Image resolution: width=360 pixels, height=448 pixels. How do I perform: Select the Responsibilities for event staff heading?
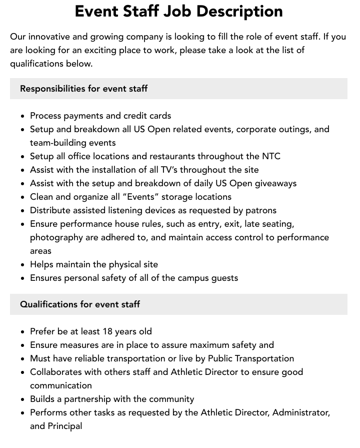pyautogui.click(x=83, y=89)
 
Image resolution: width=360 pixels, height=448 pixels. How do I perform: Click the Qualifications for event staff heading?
pyautogui.click(x=80, y=304)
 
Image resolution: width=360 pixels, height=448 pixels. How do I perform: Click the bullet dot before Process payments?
pyautogui.click(x=23, y=116)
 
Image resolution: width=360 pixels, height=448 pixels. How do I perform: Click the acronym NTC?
pyautogui.click(x=270, y=156)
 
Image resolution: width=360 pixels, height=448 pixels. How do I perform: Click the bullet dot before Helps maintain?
pyautogui.click(x=23, y=265)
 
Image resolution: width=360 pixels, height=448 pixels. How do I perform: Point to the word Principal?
pyautogui.click(x=65, y=426)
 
